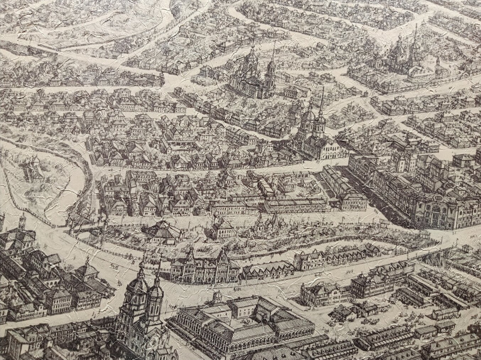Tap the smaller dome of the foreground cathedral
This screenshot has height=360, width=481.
point(155,292)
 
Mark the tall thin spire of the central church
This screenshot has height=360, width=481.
point(322,100)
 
